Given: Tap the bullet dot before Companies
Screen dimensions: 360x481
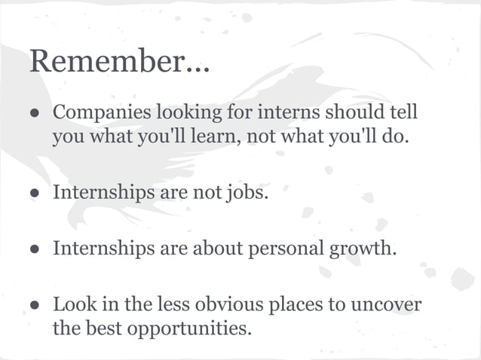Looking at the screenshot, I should (35, 114).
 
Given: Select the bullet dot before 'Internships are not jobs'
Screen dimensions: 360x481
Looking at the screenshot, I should (35, 193).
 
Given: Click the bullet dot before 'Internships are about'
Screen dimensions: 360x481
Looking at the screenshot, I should (35, 249).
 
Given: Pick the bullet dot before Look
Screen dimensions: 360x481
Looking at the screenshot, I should (35, 306).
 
